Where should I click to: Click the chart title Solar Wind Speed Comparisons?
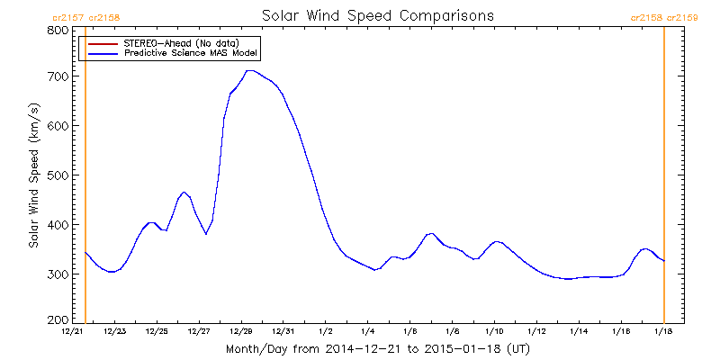click(x=377, y=16)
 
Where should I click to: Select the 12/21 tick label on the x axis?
click(x=73, y=332)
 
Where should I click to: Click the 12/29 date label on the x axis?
click(x=241, y=332)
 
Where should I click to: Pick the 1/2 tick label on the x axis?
click(x=326, y=332)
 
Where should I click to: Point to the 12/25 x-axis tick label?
click(x=157, y=332)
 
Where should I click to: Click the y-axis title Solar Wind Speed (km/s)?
click(x=33, y=175)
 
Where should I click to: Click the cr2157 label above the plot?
click(x=67, y=16)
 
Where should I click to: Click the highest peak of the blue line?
click(x=250, y=70)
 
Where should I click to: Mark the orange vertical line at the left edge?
click(x=85, y=180)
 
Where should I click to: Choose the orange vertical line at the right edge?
click(x=664, y=180)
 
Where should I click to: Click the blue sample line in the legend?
click(x=102, y=53)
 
